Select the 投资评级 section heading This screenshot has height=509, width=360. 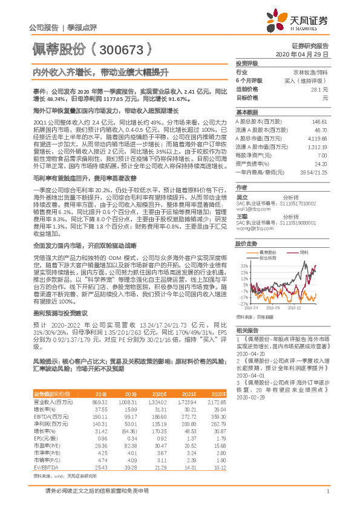pyautogui.click(x=247, y=63)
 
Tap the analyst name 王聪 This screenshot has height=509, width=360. pyautogui.click(x=241, y=216)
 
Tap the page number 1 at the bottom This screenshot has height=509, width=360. pyautogui.click(x=327, y=498)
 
